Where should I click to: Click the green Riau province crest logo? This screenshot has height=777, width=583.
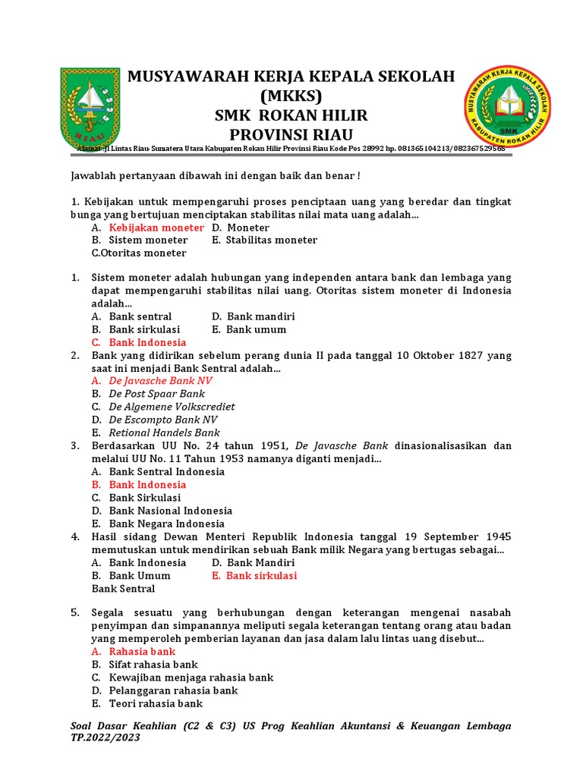tap(90, 108)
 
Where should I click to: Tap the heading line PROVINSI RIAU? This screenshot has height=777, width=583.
tap(291, 134)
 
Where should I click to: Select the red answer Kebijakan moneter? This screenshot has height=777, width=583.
tap(156, 228)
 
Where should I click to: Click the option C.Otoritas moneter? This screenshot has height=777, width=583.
tap(138, 253)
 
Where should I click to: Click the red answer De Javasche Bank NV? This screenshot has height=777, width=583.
tap(160, 381)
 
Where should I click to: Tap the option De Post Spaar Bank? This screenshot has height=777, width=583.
tap(156, 394)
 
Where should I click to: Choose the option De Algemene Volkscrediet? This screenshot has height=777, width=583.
tap(172, 407)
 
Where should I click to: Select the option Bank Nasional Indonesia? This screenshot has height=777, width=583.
tap(170, 511)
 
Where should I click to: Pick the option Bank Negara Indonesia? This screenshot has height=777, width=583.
tap(166, 524)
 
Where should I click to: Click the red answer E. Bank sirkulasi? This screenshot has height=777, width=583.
tap(254, 575)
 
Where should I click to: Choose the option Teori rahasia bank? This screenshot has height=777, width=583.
tap(156, 703)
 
